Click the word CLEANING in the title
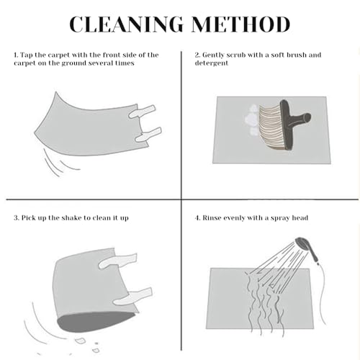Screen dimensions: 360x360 click(x=127, y=24)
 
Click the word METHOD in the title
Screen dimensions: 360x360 click(x=240, y=24)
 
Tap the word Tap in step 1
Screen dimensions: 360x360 click(x=26, y=55)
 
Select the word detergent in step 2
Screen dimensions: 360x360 click(x=212, y=63)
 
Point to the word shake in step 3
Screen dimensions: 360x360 click(x=71, y=218)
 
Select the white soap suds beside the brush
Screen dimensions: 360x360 click(x=252, y=120)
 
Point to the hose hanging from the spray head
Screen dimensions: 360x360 click(x=322, y=293)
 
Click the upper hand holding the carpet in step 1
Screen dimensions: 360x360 click(x=142, y=112)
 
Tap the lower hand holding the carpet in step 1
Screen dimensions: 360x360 click(x=148, y=135)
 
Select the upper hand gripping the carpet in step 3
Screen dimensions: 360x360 click(x=117, y=261)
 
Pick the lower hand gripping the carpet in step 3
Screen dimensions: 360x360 click(x=132, y=296)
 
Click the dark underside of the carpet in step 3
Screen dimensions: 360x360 click(x=96, y=321)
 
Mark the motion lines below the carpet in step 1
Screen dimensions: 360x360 click(x=60, y=163)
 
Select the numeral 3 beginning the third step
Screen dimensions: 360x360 click(x=16, y=218)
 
